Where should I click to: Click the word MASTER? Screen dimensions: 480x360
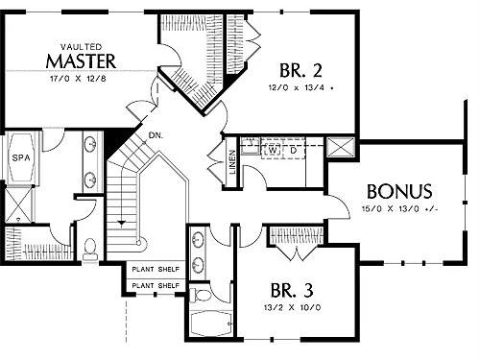81,61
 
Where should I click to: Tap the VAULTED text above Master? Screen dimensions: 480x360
82,47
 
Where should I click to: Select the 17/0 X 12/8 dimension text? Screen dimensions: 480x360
78,79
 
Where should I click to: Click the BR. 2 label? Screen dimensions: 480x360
300,70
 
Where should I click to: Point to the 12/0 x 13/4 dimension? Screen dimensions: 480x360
297,87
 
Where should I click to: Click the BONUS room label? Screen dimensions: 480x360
399,191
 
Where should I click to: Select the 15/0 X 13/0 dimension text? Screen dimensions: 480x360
399,209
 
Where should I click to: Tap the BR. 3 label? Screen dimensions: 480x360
292,290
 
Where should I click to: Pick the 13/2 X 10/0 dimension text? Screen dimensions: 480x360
292,308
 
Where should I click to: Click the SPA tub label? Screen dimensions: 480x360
21,157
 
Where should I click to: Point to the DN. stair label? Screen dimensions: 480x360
156,135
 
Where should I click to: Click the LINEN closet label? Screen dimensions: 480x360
232,162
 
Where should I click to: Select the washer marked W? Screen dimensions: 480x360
273,150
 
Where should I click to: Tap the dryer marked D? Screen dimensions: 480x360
294,149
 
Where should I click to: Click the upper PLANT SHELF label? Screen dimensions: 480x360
156,270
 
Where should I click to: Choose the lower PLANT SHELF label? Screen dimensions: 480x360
156,285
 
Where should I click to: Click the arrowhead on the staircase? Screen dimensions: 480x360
121,224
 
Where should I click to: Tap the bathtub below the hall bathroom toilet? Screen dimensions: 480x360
210,324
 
